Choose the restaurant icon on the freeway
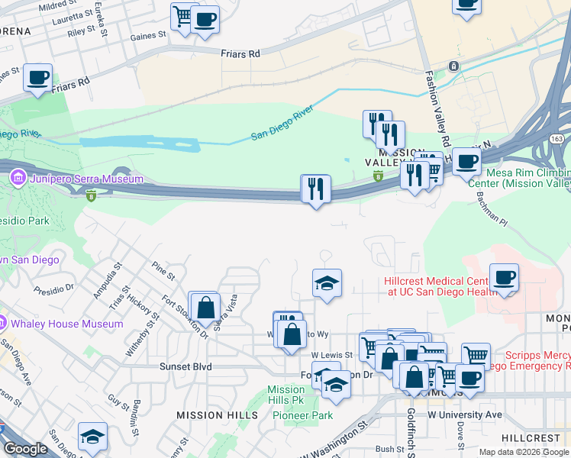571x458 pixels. pyautogui.click(x=316, y=188)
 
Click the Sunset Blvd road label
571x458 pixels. pyautogui.click(x=185, y=366)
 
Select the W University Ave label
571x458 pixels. pyautogui.click(x=464, y=414)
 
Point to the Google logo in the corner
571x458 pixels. pyautogui.click(x=25, y=449)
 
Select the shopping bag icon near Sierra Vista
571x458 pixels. pyautogui.click(x=205, y=308)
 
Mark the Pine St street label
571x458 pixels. pyautogui.click(x=163, y=269)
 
